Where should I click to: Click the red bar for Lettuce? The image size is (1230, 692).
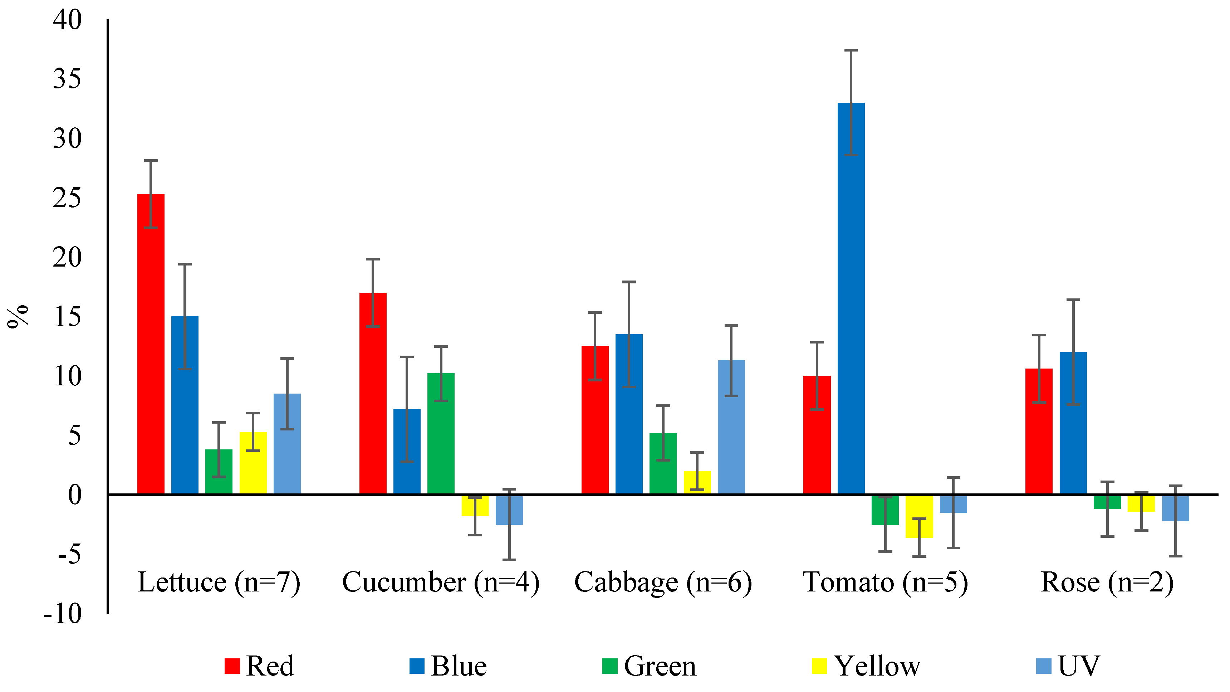tap(151, 344)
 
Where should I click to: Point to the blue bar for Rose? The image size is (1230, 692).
tap(1073, 423)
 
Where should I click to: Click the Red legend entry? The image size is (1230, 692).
tap(260, 666)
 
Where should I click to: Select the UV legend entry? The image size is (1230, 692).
tap(1069, 666)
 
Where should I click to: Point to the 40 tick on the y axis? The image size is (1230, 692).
tap(67, 20)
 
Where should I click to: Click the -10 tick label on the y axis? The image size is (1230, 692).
tap(63, 614)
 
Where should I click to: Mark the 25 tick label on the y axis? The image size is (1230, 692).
tap(67, 198)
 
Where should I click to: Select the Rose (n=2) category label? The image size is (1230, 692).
tap(1107, 582)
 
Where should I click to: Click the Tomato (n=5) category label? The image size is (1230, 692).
tap(885, 582)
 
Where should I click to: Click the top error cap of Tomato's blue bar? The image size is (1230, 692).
tap(851, 50)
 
